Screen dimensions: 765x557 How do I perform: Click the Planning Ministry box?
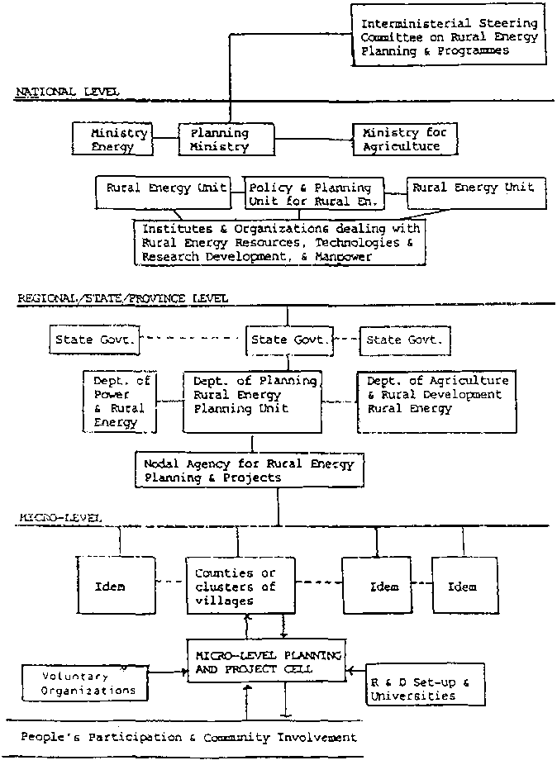click(220, 139)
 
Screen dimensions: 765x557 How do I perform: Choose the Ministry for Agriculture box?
click(404, 139)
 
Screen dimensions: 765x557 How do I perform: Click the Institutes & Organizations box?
click(280, 242)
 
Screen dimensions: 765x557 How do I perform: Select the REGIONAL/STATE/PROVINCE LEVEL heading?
click(122, 297)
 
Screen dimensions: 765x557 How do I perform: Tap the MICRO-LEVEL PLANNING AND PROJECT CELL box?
click(264, 661)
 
